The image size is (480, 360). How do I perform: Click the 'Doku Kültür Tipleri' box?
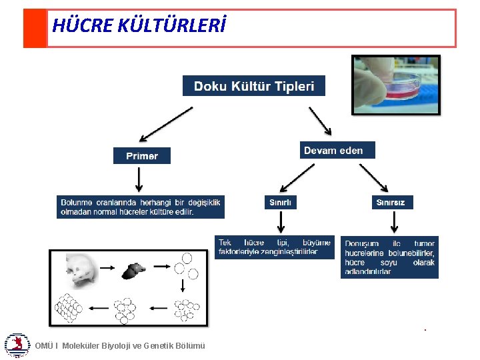(253, 86)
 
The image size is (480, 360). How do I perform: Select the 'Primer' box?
(141, 155)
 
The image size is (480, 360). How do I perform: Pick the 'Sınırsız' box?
(391, 201)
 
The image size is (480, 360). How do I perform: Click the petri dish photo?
(396, 85)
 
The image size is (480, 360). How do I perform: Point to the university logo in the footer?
(17, 344)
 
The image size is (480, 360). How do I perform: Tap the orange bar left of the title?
(35, 28)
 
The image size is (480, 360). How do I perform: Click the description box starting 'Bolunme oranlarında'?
(140, 207)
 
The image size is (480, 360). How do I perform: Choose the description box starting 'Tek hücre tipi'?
(274, 247)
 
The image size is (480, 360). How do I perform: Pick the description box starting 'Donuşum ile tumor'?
(389, 257)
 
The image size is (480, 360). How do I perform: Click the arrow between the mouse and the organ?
(106, 267)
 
